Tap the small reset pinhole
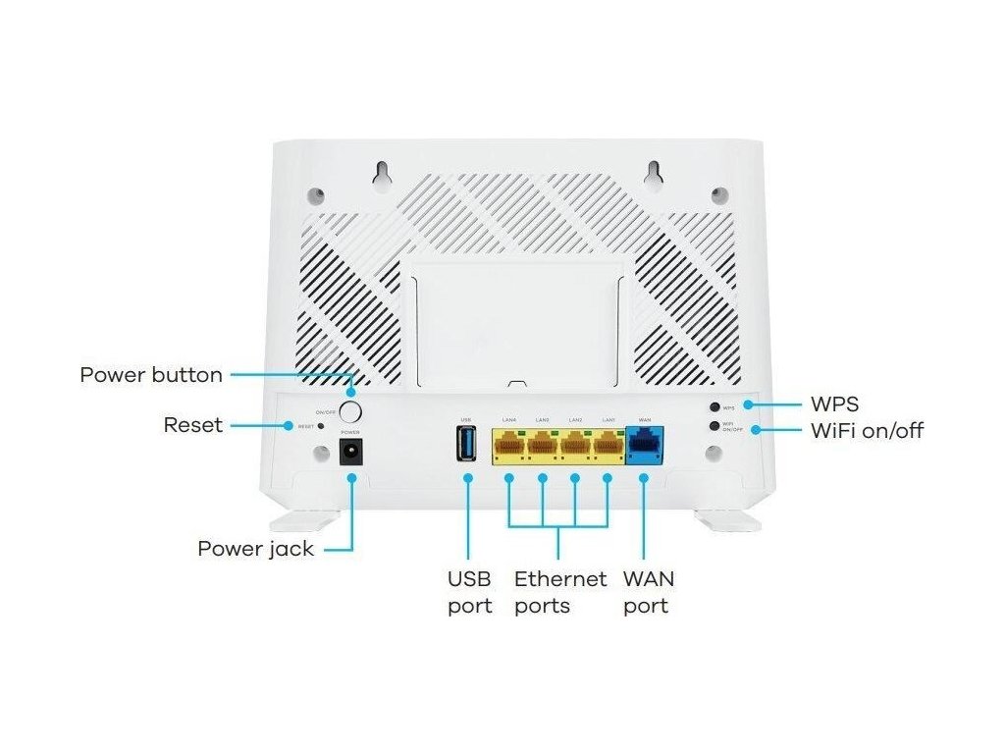click(x=321, y=426)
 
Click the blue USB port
click(x=467, y=443)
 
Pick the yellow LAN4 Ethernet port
click(x=509, y=446)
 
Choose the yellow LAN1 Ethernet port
click(x=608, y=446)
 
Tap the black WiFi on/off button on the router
click(x=715, y=425)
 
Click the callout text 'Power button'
click(x=151, y=375)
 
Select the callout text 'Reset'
click(x=192, y=425)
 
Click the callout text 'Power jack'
click(x=255, y=548)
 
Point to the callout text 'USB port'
click(x=469, y=592)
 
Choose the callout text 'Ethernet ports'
click(x=559, y=592)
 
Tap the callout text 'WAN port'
click(x=648, y=592)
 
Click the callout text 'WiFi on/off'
click(x=867, y=430)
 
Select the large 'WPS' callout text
click(x=835, y=404)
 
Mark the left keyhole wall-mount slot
click(x=379, y=173)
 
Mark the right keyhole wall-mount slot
click(x=651, y=173)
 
